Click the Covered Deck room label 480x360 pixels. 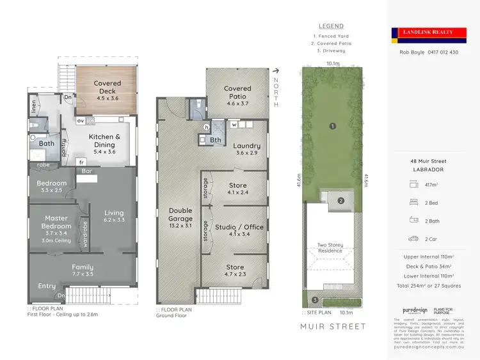107,87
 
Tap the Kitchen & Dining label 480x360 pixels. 104,140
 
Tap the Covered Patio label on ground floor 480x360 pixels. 237,93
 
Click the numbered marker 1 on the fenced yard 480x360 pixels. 332,126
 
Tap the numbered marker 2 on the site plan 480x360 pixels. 341,201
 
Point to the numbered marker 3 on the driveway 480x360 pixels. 314,300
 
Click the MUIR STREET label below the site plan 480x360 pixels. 333,327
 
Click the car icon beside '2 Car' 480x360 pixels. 412,239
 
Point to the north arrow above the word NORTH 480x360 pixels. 276,71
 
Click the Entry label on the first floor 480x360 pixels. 47,286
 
